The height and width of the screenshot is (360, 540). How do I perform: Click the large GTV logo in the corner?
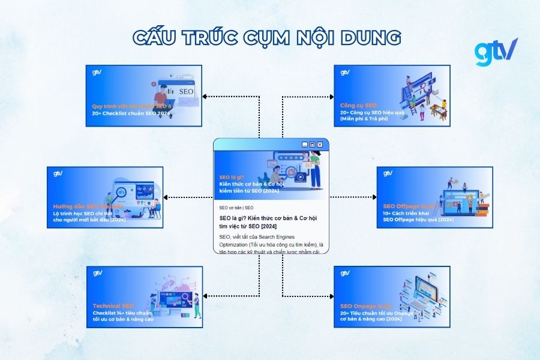click(x=496, y=52)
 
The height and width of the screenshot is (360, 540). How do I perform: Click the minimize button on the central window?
click(x=305, y=145)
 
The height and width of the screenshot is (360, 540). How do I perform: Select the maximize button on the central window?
click(x=313, y=145)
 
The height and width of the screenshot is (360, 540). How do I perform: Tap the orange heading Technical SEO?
click(x=113, y=306)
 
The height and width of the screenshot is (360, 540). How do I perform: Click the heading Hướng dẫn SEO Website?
click(x=88, y=206)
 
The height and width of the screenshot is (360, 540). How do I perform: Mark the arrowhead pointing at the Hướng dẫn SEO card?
click(x=166, y=197)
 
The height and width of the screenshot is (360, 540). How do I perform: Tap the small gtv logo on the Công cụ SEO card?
click(x=345, y=73)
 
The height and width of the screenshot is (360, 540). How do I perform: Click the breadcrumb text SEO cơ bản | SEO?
click(x=236, y=208)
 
